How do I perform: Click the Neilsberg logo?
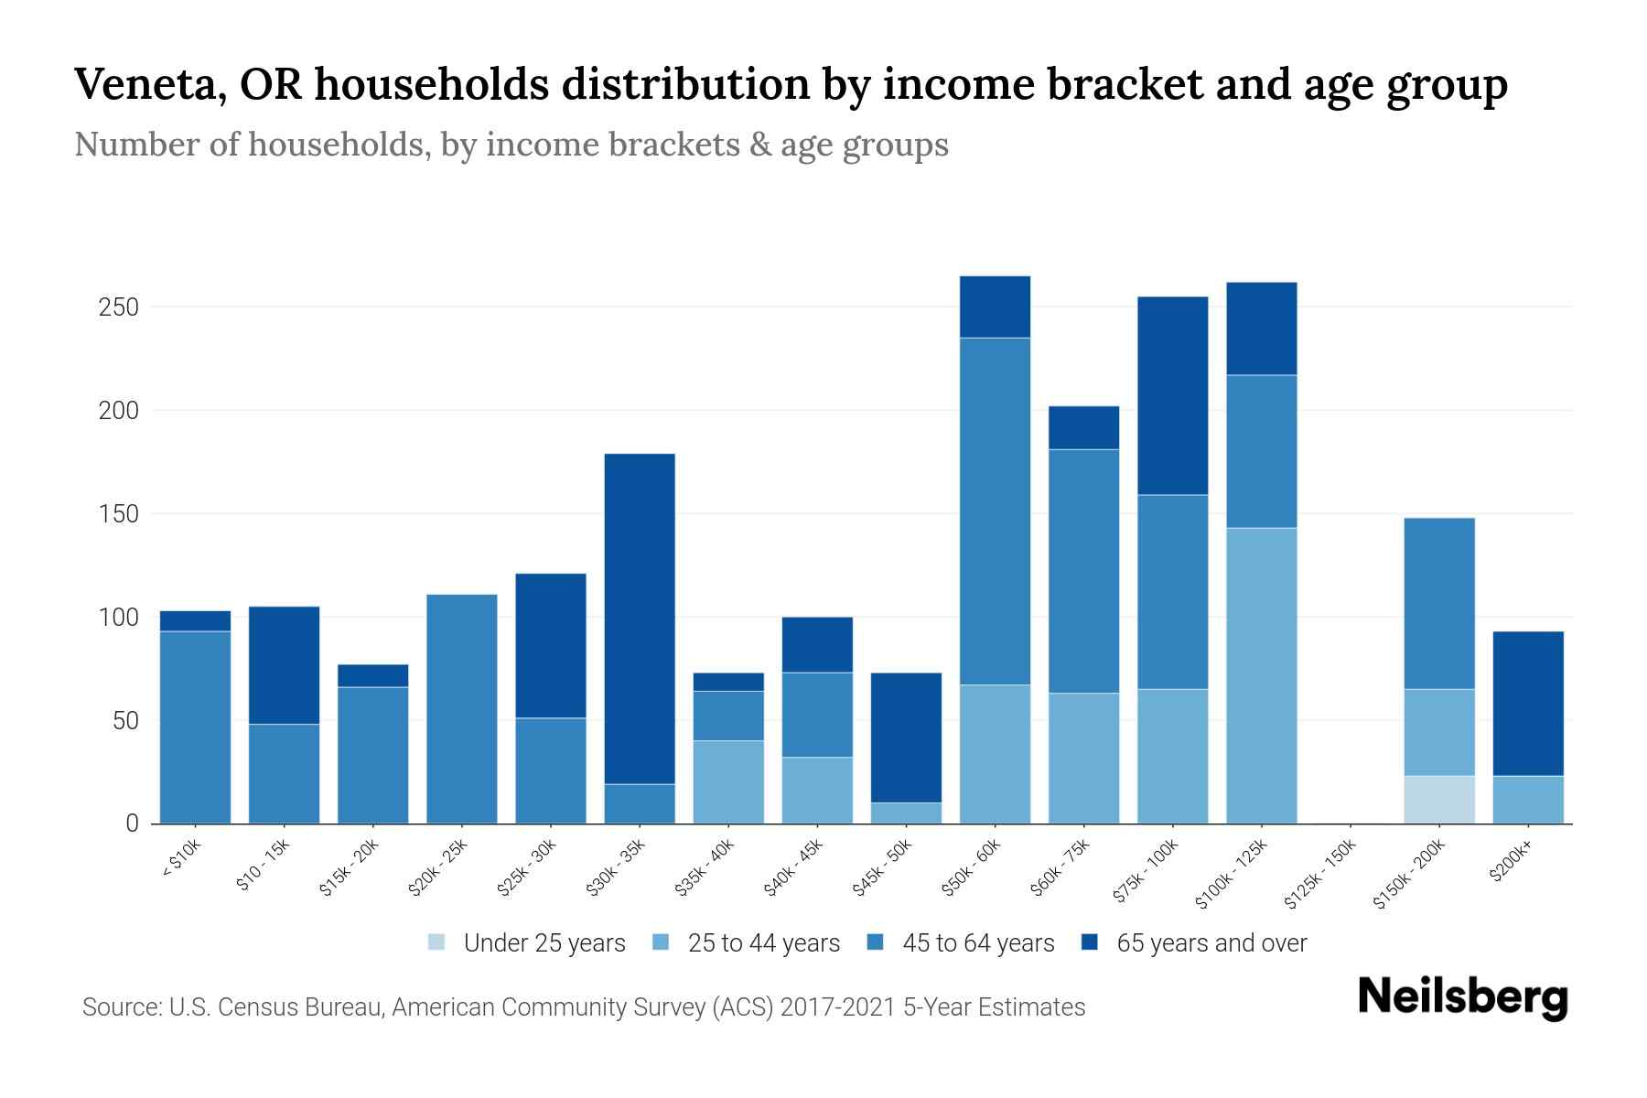pos(1462,997)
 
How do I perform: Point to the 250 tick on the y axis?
pos(119,307)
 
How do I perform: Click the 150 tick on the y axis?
pos(119,514)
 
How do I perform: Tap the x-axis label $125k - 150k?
pos(1320,876)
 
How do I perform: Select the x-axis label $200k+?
pos(1512,865)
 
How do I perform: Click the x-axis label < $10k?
pos(182,861)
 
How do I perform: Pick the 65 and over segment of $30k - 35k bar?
pos(640,619)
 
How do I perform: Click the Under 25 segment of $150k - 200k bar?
pos(1439,800)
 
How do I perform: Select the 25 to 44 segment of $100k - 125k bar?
pos(1262,675)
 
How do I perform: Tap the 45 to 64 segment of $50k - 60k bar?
pos(995,511)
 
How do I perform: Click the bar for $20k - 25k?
pos(462,709)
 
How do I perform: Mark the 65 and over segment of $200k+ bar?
pos(1528,704)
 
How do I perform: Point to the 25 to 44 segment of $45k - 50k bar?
pos(906,813)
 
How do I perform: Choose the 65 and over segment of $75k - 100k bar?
pos(1172,395)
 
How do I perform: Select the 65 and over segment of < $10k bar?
pos(195,621)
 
